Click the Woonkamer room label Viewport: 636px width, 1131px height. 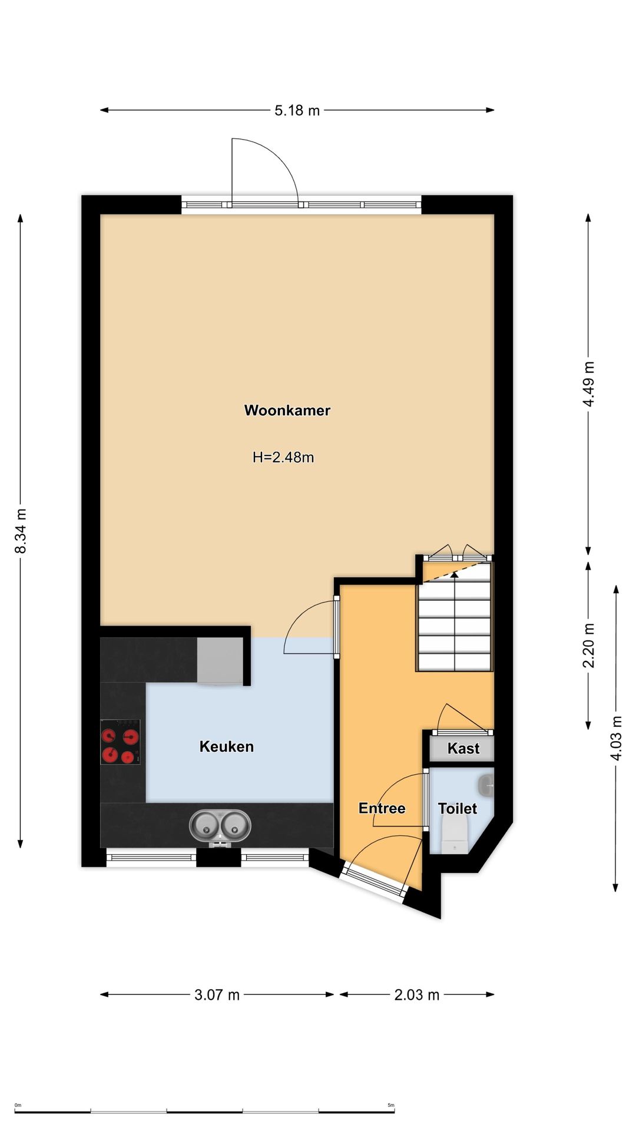[x=287, y=411]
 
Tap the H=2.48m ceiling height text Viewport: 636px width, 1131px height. [x=283, y=457]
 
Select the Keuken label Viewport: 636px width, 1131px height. [x=227, y=746]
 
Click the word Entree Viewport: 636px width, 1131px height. [x=382, y=808]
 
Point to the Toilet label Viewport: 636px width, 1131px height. [x=458, y=808]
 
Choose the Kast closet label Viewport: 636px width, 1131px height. [x=463, y=749]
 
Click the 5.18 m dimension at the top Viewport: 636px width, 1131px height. [x=297, y=110]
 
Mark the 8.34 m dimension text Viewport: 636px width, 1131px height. [x=21, y=531]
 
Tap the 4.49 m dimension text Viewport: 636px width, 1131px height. [x=589, y=384]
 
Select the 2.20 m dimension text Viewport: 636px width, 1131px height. [x=589, y=646]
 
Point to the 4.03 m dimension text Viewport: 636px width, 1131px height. [x=617, y=738]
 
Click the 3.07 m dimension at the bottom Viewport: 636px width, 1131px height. [x=217, y=995]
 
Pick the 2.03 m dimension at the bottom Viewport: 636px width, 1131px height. [x=417, y=995]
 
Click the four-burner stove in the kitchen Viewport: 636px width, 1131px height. [x=120, y=742]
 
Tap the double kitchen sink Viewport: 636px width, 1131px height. [x=220, y=826]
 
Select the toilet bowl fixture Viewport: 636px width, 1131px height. [x=455, y=834]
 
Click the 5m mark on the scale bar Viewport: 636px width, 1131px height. [x=391, y=1105]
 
